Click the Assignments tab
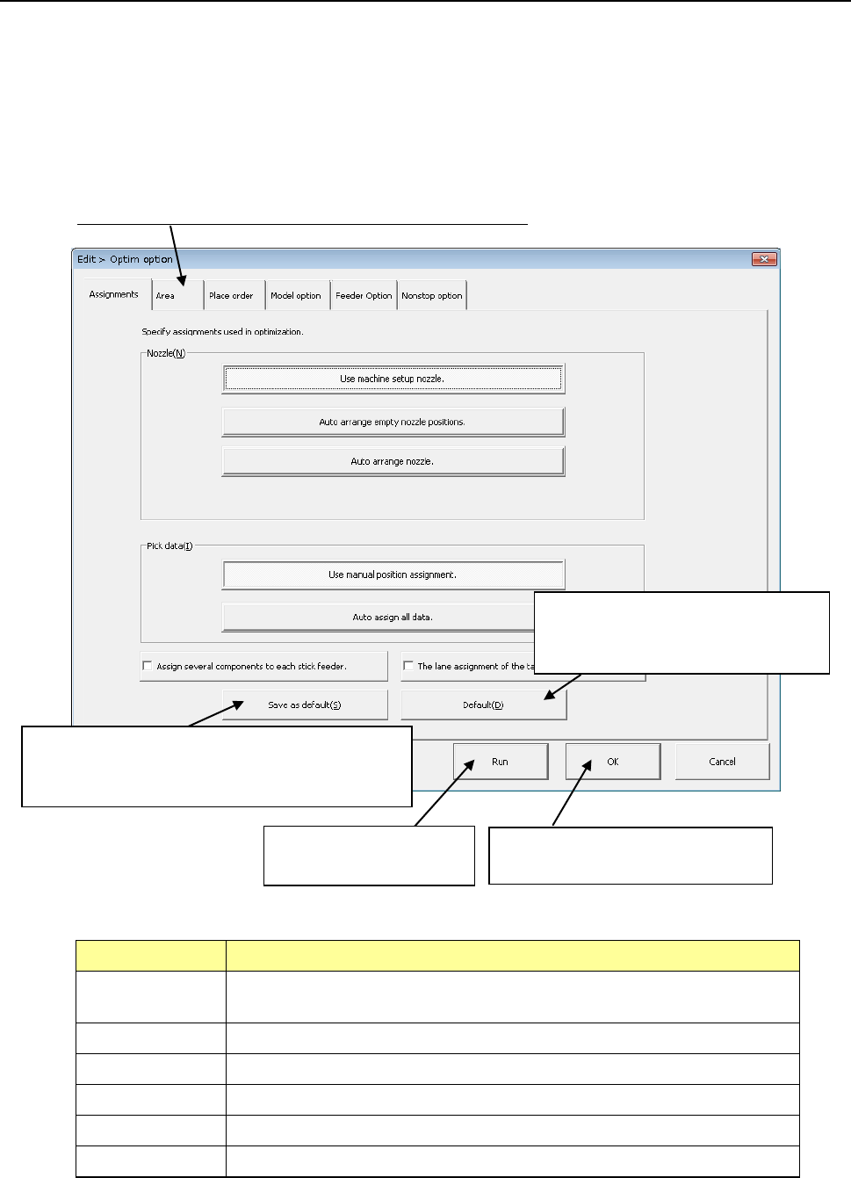tap(113, 294)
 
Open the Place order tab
tap(231, 296)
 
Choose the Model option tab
tap(295, 296)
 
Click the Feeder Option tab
tap(364, 296)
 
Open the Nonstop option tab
tap(431, 296)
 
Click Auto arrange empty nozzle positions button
tap(393, 422)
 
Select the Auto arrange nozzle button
tap(393, 461)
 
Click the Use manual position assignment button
tap(393, 575)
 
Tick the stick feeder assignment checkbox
tap(148, 666)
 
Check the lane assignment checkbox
tap(408, 666)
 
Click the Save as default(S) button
tap(305, 705)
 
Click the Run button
tap(500, 762)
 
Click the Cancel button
tap(722, 762)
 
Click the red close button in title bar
tap(764, 259)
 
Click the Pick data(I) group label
tap(169, 546)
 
